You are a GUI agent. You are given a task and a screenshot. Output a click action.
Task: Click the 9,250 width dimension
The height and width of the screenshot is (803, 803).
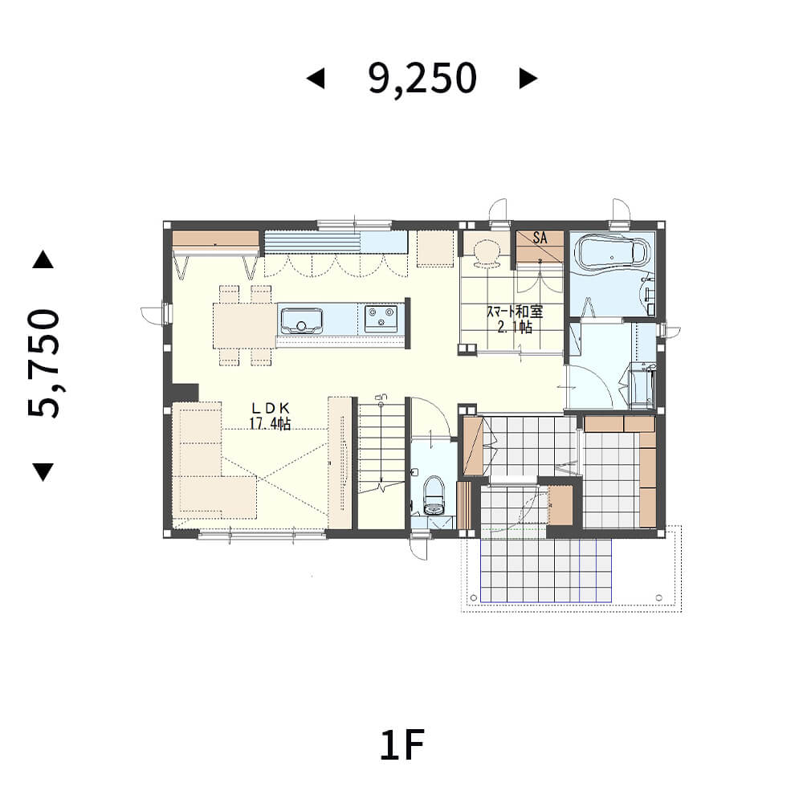[x=422, y=79]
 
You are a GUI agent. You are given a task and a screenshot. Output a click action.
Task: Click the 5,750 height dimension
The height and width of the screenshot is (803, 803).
[x=44, y=363]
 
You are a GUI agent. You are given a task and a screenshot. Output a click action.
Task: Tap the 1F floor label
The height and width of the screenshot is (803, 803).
[x=402, y=746]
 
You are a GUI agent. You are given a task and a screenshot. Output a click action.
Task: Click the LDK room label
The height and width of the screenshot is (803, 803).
[x=271, y=408]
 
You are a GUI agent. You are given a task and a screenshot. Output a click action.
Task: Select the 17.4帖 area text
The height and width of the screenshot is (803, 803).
[x=270, y=423]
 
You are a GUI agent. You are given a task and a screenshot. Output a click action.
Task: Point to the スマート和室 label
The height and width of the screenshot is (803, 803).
[x=514, y=312]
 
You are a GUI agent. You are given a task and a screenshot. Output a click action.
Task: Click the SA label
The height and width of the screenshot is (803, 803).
[x=540, y=238]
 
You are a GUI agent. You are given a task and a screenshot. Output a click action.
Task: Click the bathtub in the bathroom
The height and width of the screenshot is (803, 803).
[x=611, y=252]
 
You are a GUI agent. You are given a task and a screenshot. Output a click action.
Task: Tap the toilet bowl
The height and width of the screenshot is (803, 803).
[x=434, y=495]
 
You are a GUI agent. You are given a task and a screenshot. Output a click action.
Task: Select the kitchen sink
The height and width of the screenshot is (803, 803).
[x=301, y=320]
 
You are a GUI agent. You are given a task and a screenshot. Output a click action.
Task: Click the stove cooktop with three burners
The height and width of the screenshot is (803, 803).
[x=381, y=318]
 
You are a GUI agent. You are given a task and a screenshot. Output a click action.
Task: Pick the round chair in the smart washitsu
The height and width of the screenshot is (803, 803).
[x=486, y=253]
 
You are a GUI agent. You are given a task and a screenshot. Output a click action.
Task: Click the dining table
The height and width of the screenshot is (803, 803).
[x=245, y=326]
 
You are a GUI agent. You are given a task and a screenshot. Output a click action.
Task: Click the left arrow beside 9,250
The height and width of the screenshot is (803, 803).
[x=316, y=79]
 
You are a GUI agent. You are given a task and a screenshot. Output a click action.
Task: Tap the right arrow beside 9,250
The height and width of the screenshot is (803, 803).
[x=528, y=79]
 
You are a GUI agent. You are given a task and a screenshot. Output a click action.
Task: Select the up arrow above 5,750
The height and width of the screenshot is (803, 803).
[x=43, y=259]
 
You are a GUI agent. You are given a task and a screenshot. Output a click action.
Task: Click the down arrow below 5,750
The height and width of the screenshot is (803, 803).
[x=43, y=472]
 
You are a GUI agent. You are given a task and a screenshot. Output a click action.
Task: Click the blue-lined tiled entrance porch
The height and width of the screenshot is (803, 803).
[x=546, y=569]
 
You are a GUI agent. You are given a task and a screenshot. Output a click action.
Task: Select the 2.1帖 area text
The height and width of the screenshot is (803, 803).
[x=515, y=327]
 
